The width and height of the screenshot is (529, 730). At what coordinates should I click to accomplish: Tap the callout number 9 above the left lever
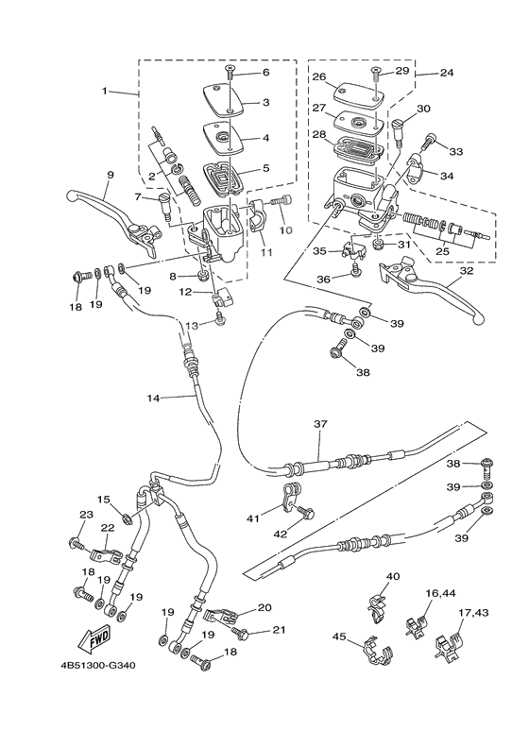(110, 176)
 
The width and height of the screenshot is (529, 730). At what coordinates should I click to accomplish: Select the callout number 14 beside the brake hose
(154, 398)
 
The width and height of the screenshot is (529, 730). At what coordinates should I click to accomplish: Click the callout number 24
(447, 72)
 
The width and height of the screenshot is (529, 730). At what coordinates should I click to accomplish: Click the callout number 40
(393, 576)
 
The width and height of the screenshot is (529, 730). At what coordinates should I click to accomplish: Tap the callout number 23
(85, 515)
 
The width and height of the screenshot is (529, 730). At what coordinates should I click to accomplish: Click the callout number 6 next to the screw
(265, 73)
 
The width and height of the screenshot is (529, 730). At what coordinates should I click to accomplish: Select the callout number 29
(401, 72)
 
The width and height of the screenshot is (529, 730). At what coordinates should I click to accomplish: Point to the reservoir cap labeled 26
(346, 91)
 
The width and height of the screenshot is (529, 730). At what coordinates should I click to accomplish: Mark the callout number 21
(278, 632)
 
